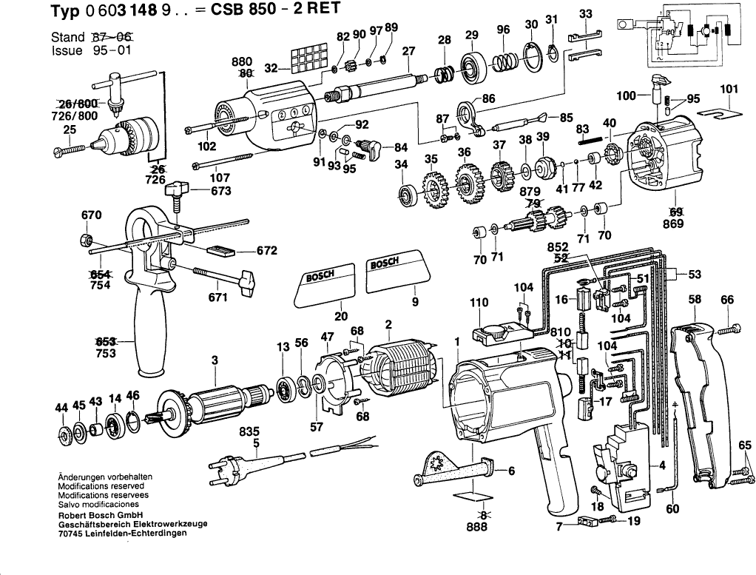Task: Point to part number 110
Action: point(480,302)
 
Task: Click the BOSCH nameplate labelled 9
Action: point(393,270)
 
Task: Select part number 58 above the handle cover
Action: point(695,300)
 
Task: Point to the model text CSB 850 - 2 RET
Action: point(267,10)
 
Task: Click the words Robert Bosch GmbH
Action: point(100,515)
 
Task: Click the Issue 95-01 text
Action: point(82,52)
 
